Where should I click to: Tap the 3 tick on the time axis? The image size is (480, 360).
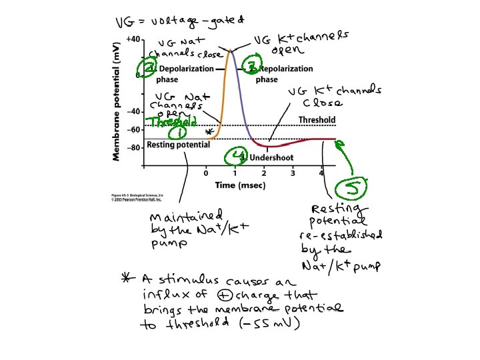tap(293, 173)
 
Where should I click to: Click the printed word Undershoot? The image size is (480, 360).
tap(271, 158)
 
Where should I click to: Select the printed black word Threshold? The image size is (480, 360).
tap(317, 120)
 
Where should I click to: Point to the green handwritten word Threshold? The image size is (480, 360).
tap(173, 122)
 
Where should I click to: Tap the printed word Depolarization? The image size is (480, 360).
tap(185, 69)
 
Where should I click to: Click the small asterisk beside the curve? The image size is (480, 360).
tap(209, 133)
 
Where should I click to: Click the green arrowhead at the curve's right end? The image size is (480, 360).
tap(339, 142)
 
